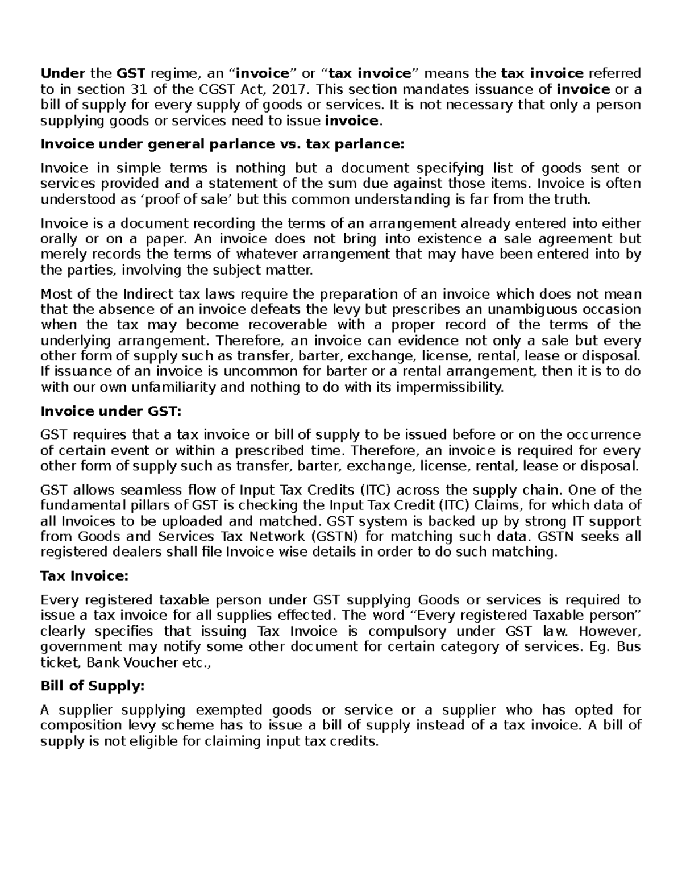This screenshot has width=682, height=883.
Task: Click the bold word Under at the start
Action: [x=63, y=73]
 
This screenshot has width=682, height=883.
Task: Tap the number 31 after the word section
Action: [x=131, y=89]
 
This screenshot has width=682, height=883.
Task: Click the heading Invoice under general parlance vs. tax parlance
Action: [x=222, y=144]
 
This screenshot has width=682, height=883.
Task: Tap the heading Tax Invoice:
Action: [x=85, y=576]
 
